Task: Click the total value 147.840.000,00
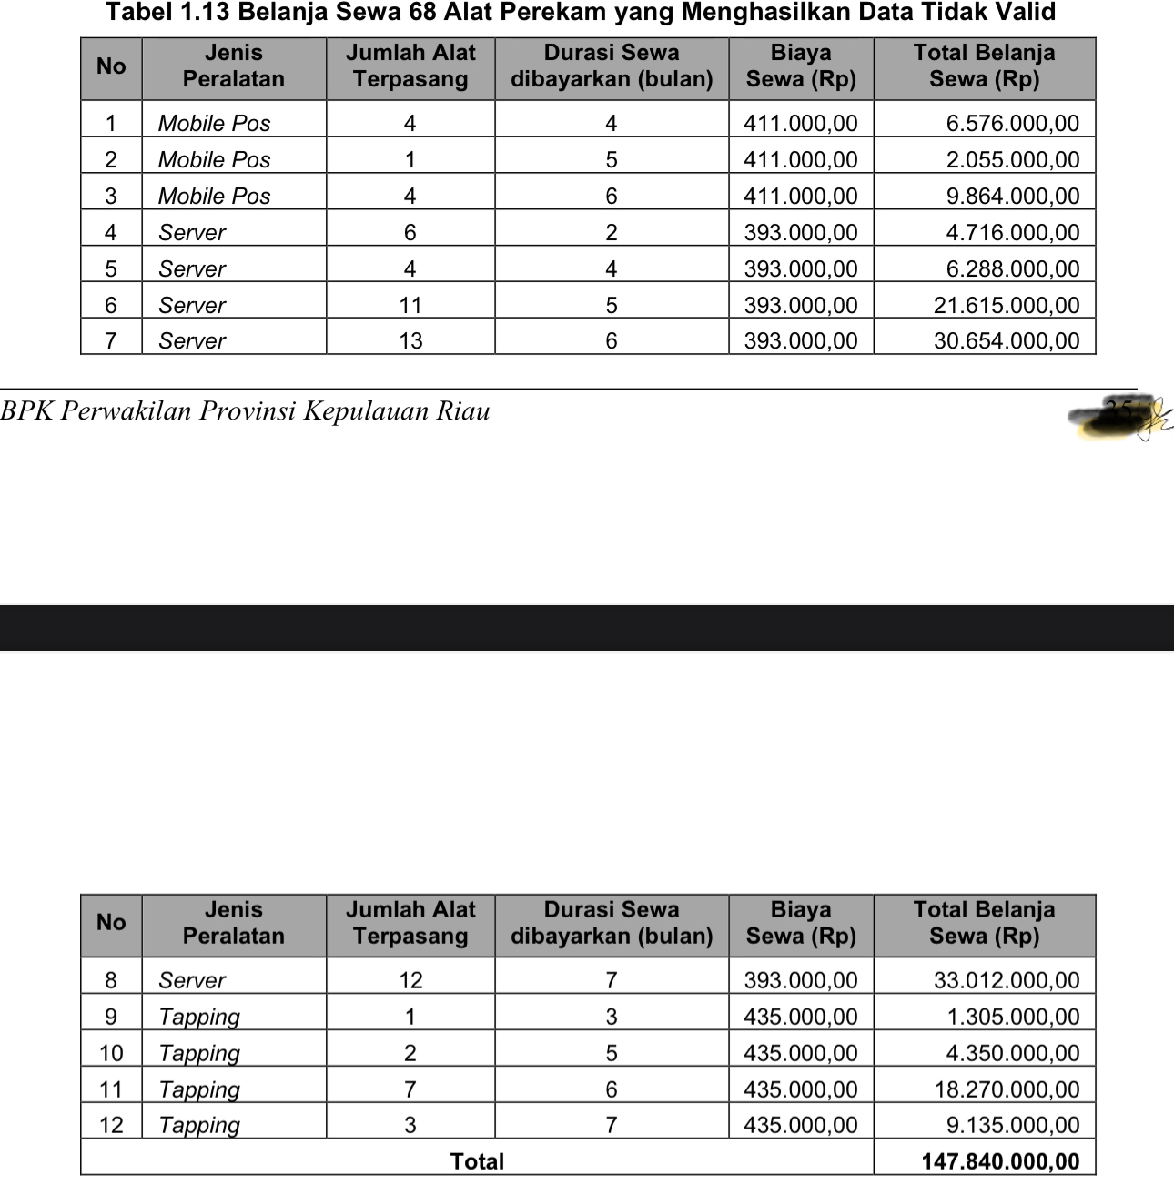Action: coord(1000,1161)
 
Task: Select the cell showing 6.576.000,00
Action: coord(1012,123)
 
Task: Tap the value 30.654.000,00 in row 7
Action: coord(1006,341)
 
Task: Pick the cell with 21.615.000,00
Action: coord(1006,305)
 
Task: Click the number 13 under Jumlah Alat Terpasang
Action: coord(410,341)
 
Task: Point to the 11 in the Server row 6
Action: coord(410,305)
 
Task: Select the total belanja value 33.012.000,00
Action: coord(1006,980)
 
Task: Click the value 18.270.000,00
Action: coord(1006,1089)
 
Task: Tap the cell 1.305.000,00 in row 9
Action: coord(1012,1017)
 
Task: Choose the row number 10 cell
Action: coord(111,1053)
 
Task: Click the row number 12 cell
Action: coord(111,1125)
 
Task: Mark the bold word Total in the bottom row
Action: coord(477,1161)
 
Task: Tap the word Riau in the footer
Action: coord(463,411)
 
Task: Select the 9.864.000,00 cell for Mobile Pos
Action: coord(1012,196)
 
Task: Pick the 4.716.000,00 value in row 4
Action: coord(1012,232)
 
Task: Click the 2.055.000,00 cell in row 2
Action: coord(1012,159)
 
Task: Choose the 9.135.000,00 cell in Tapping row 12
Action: coord(1012,1125)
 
